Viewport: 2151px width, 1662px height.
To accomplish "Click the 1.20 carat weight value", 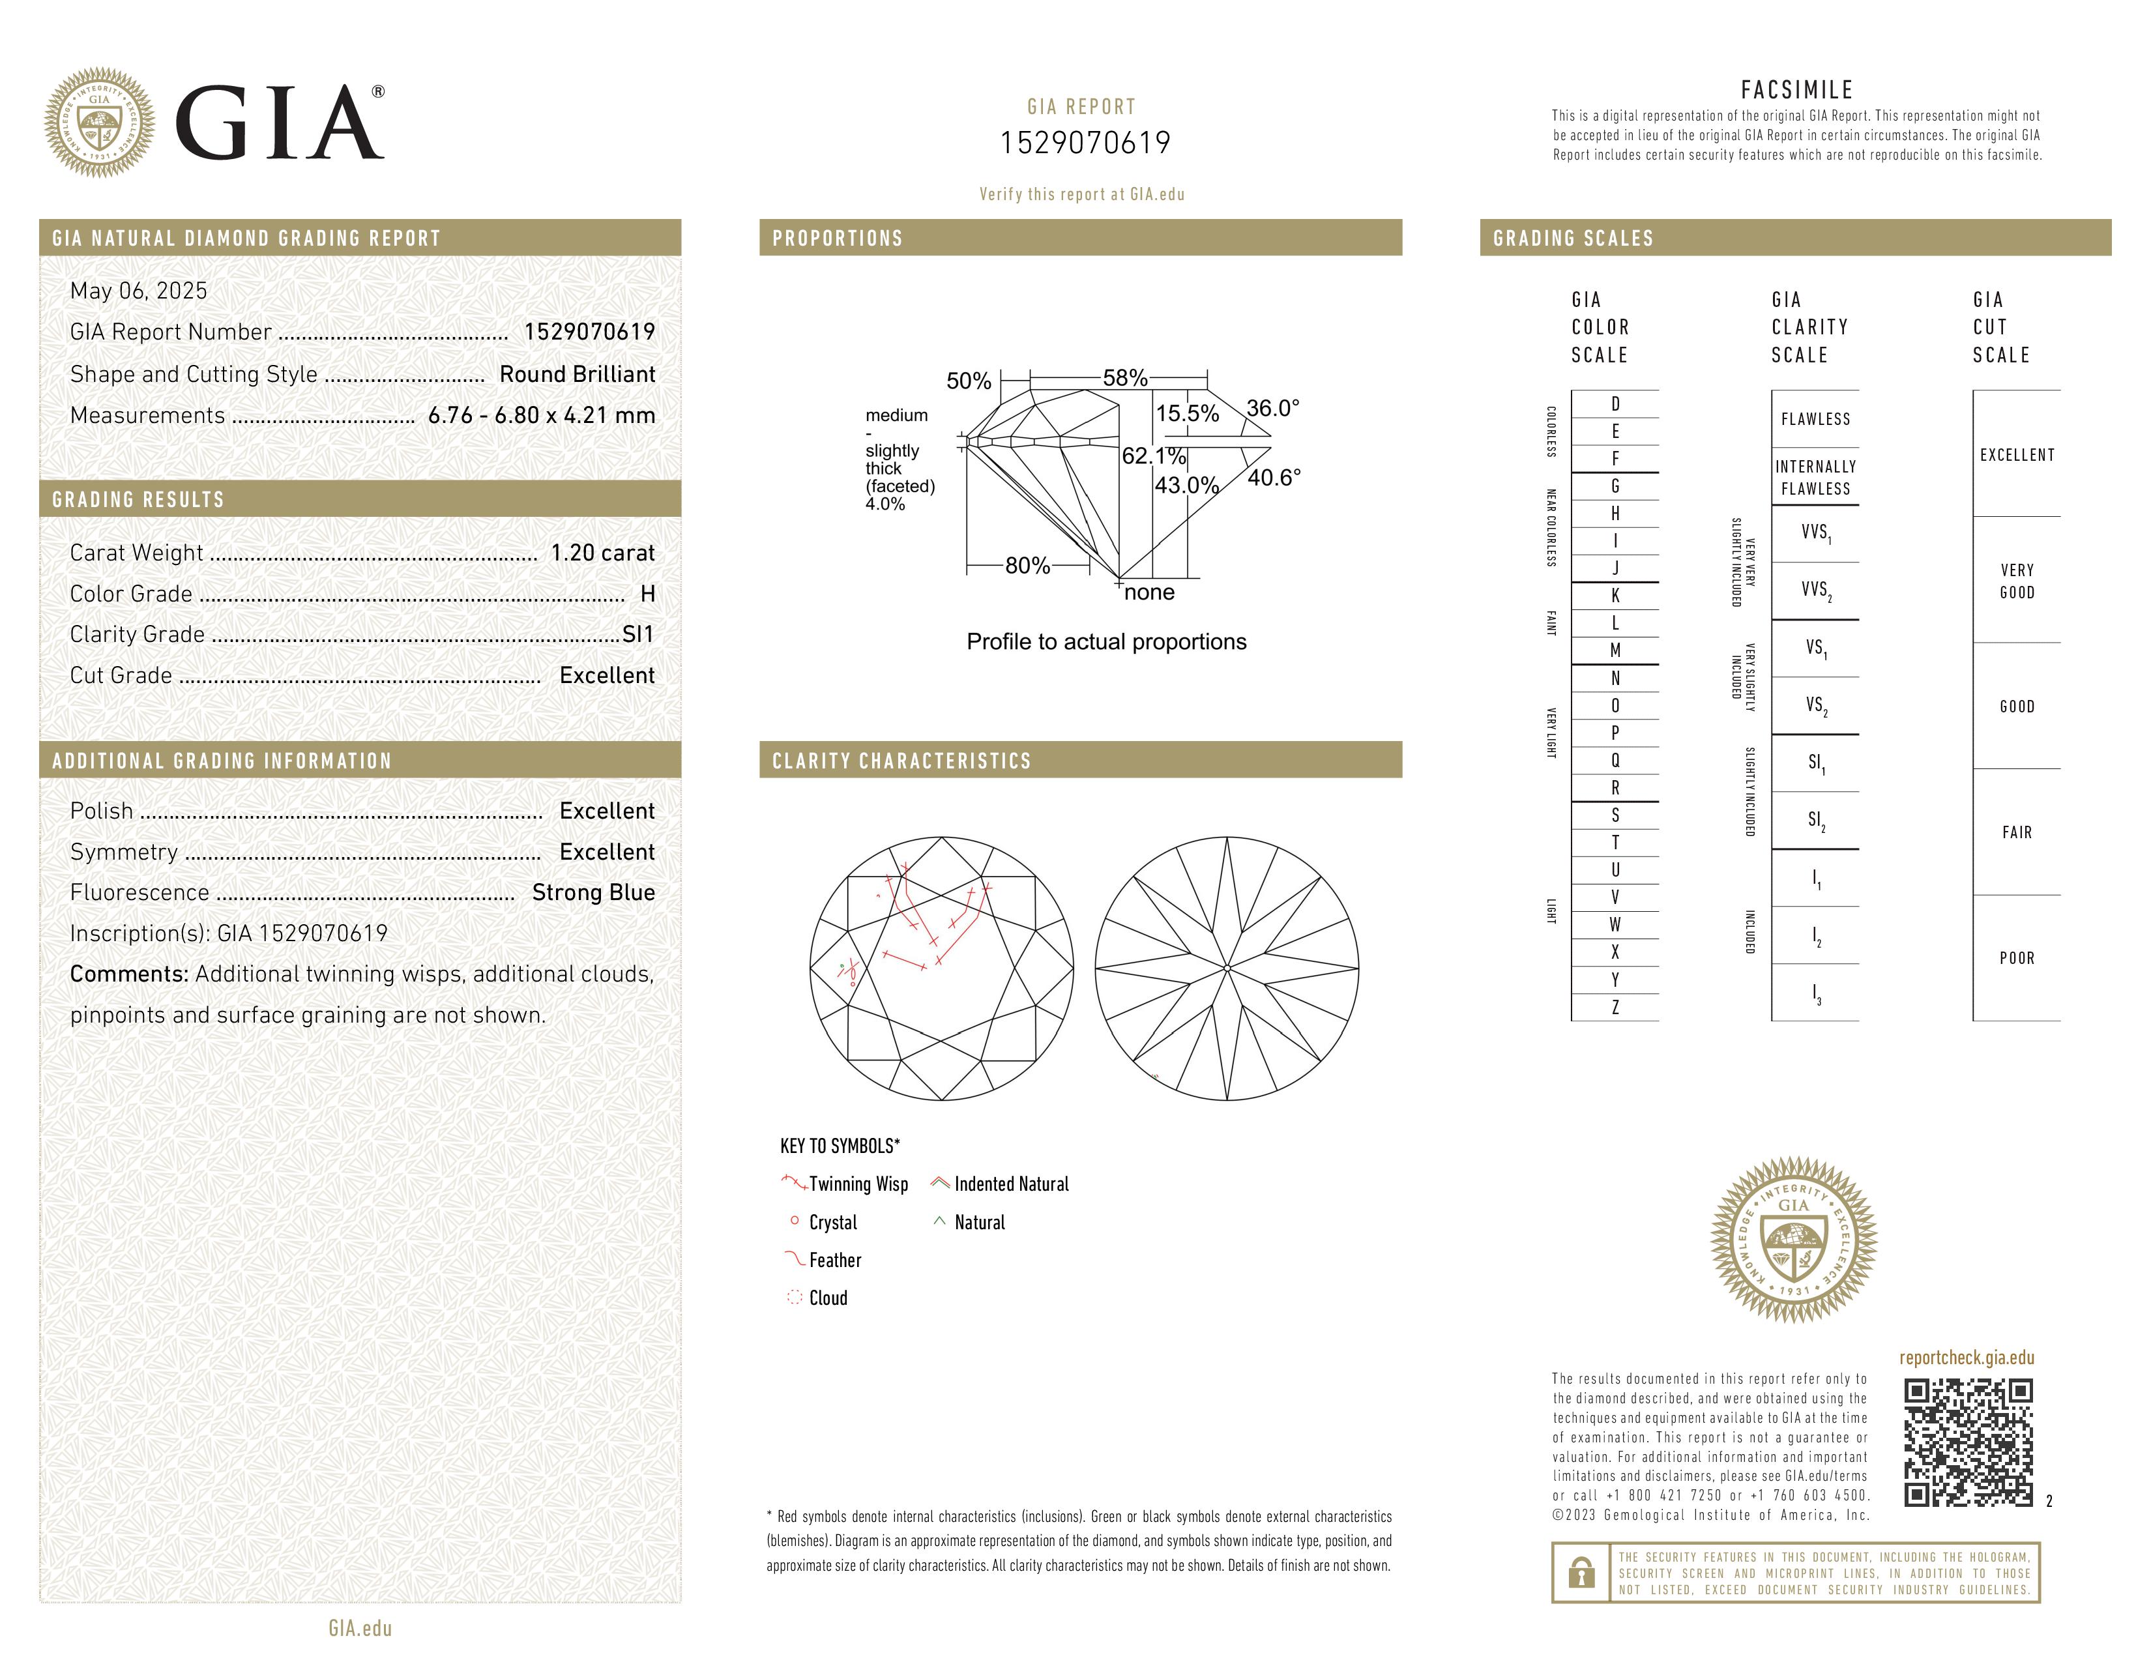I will (x=602, y=552).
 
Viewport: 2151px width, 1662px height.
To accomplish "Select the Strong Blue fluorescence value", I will (x=593, y=892).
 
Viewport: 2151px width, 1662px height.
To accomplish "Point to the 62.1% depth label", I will (x=1153, y=456).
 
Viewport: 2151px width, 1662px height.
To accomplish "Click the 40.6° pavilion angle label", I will (x=1274, y=478).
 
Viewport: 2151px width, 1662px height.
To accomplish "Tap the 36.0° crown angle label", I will (x=1272, y=407).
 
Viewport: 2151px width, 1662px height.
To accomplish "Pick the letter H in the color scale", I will (x=1615, y=513).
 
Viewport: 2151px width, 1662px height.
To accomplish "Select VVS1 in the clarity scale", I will (x=1815, y=532).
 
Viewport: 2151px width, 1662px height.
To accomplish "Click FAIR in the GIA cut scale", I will (x=2016, y=832).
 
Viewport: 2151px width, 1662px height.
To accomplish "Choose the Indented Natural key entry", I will (x=1010, y=1184).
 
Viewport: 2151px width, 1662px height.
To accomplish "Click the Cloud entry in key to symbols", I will (x=827, y=1298).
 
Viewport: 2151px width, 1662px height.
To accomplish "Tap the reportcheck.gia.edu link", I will (x=1966, y=1358).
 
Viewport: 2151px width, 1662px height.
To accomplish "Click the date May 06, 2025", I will (x=139, y=291).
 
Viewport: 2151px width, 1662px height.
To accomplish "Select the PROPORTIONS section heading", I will (x=837, y=239).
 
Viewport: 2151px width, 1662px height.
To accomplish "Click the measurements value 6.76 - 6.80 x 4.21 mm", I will (x=542, y=416).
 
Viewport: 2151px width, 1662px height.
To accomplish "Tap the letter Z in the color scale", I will (x=1615, y=1007).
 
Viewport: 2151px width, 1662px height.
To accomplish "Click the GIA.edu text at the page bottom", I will (x=360, y=1627).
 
